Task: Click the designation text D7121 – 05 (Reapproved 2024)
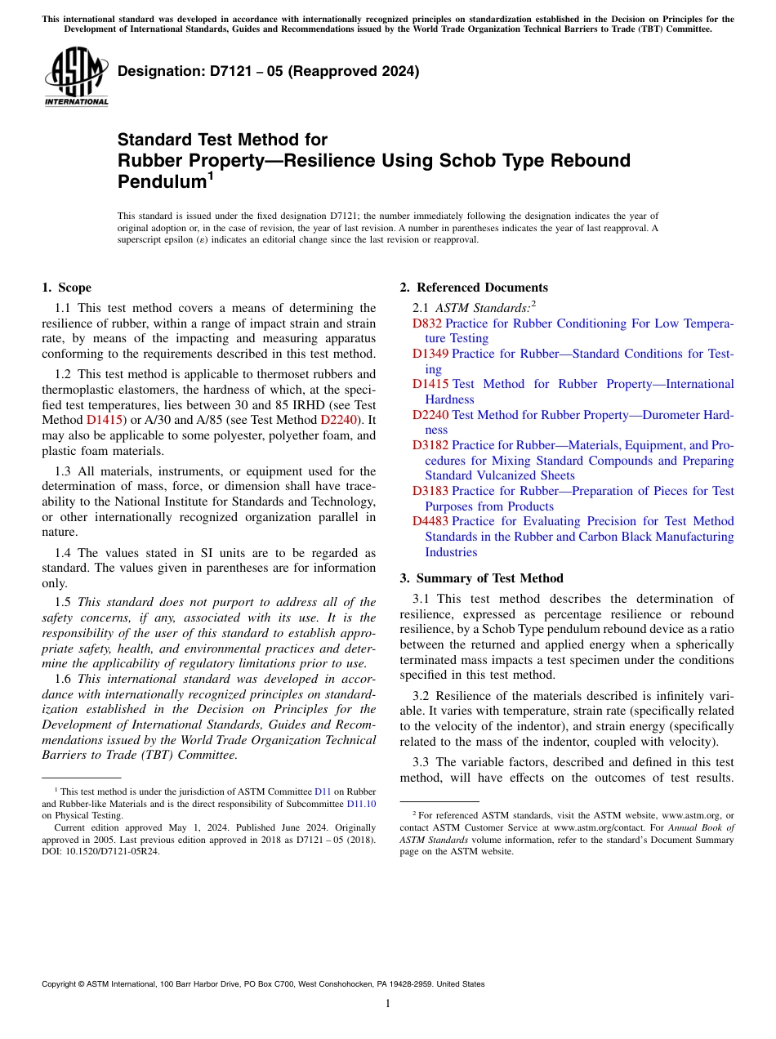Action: click(x=268, y=71)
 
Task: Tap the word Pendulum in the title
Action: click(x=160, y=181)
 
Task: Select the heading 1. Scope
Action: click(x=66, y=288)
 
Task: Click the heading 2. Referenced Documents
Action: click(x=474, y=288)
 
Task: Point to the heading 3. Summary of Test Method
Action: click(x=481, y=578)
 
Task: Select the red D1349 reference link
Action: click(x=430, y=354)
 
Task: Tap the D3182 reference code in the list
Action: click(x=430, y=445)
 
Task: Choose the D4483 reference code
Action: click(x=430, y=521)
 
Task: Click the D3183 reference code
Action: click(x=430, y=491)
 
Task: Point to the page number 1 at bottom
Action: click(x=388, y=1004)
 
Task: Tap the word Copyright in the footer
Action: click(x=60, y=984)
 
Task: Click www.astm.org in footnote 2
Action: click(x=691, y=815)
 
